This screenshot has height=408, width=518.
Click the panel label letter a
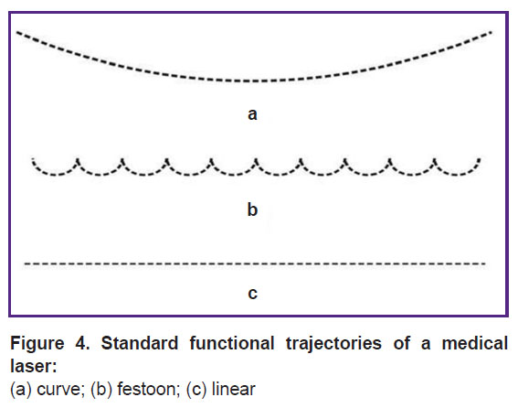pos(252,114)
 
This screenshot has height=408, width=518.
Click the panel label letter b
pos(252,209)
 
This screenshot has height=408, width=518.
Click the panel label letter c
pos(252,294)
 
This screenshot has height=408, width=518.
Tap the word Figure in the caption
pos(37,343)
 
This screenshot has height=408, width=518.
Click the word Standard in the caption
pos(140,343)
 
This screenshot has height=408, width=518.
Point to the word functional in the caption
pos(232,343)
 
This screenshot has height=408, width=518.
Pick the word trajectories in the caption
pos(333,343)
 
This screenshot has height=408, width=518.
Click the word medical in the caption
pos(475,343)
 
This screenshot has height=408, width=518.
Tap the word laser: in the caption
pos(34,366)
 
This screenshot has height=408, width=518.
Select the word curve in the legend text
pos(58,389)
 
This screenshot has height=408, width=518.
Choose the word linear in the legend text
pos(234,389)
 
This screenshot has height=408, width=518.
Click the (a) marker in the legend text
pos(21,389)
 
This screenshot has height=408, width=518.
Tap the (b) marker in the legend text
pos(101,389)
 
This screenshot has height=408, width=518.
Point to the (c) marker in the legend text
pos(196,389)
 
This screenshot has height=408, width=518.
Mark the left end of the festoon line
pos(33,159)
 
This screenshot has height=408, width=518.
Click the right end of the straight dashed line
pos(485,263)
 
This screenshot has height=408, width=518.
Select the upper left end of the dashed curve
pos(17,32)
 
